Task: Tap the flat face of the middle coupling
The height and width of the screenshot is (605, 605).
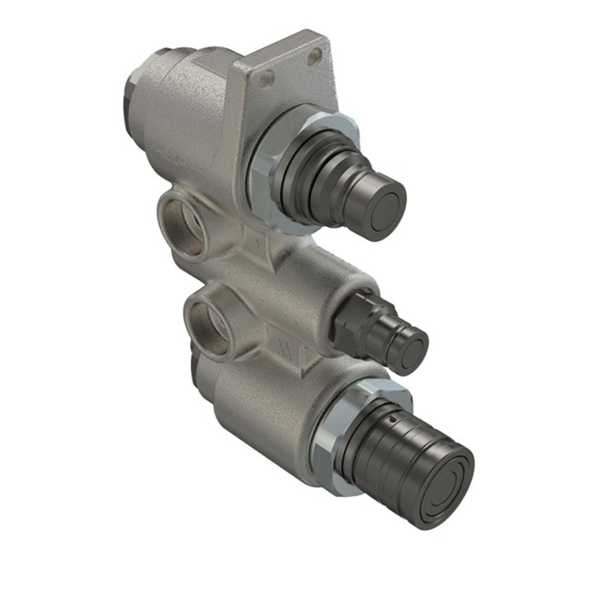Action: [x=411, y=346]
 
